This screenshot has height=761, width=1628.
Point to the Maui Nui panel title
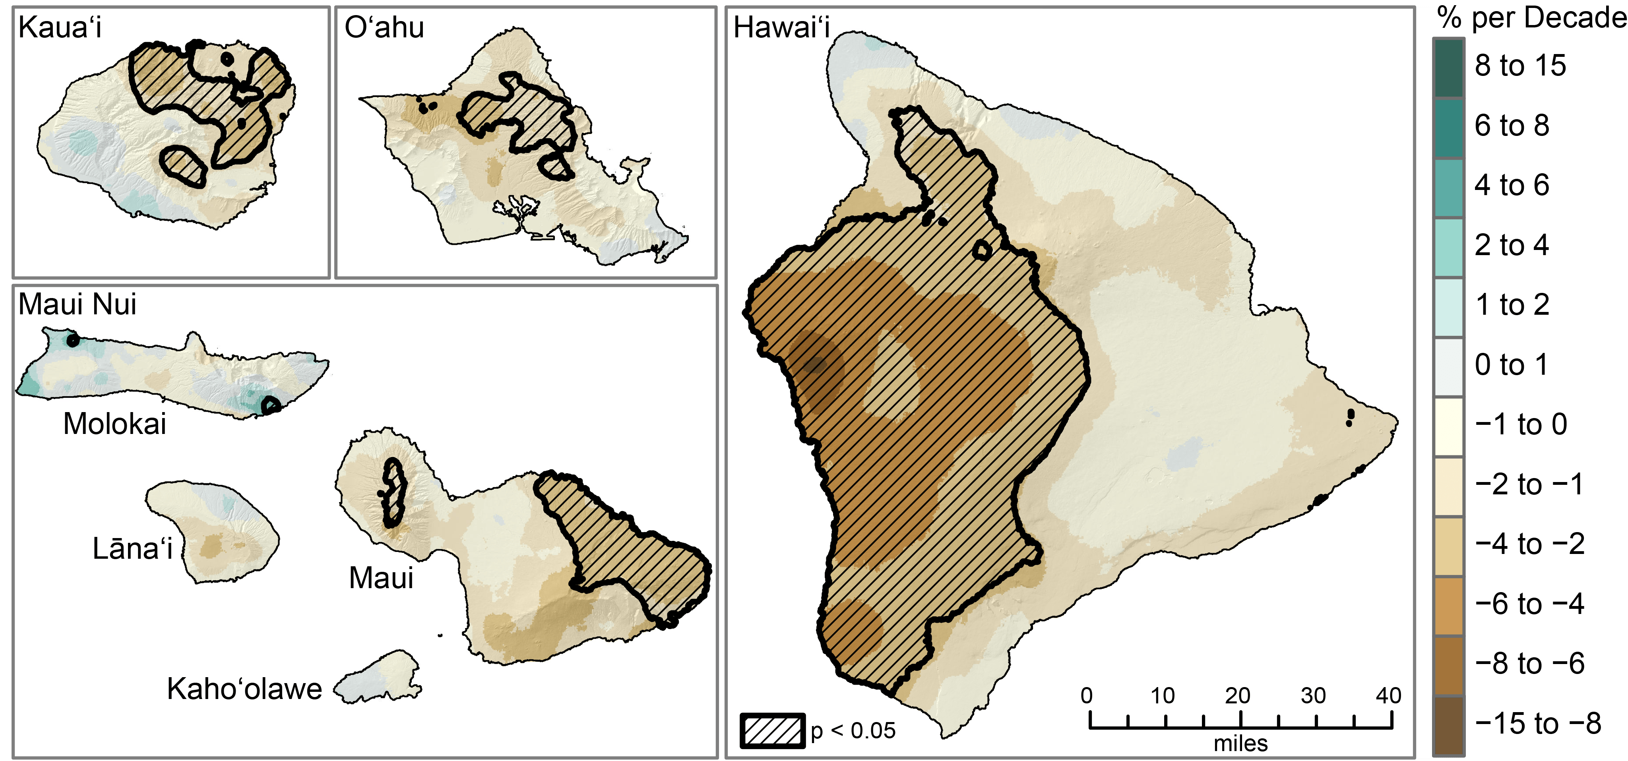77,305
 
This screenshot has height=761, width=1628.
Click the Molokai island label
114,424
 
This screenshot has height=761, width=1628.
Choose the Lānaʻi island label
132,549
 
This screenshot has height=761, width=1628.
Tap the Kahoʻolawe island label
244,689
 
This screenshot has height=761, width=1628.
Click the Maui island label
381,578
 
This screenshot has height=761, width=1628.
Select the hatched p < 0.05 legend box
772,731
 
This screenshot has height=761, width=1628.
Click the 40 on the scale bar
1388,696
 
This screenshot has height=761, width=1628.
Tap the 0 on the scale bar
1086,696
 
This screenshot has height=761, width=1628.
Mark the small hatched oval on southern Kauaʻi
183,167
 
